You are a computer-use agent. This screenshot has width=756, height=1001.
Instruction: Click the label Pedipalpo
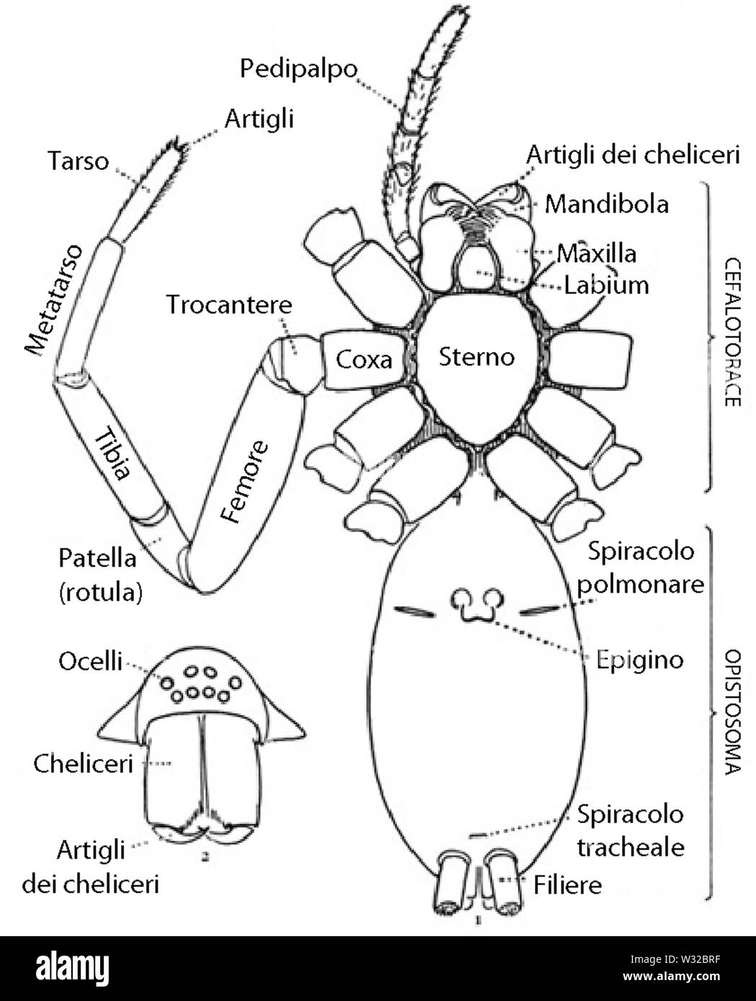[298, 70]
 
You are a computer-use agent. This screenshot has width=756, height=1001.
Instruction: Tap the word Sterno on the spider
[477, 356]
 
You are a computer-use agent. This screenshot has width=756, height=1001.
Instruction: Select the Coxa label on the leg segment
[364, 359]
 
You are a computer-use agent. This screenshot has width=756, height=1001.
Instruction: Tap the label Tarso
[78, 161]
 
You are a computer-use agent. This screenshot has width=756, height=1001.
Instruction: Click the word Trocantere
[230, 305]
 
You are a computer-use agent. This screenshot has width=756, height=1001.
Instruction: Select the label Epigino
[639, 660]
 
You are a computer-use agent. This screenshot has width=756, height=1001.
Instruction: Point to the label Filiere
[567, 884]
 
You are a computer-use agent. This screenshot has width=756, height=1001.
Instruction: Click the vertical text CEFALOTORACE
[732, 332]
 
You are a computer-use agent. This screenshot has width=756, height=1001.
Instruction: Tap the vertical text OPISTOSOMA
[732, 712]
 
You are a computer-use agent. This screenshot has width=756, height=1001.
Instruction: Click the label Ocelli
[90, 661]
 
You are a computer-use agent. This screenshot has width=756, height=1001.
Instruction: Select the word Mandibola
[606, 204]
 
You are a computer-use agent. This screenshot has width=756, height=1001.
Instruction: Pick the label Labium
[606, 284]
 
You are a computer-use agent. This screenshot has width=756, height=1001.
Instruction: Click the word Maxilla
[596, 253]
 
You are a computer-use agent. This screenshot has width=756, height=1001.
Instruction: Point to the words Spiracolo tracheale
[630, 830]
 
